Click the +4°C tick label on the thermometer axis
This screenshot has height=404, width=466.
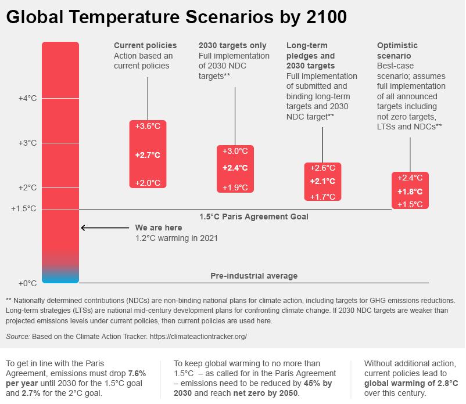point(27,98)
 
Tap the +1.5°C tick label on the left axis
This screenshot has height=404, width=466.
point(24,208)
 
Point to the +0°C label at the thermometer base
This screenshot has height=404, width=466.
point(27,283)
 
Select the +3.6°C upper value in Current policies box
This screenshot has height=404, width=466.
point(148,126)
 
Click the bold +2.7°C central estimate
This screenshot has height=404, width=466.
point(148,155)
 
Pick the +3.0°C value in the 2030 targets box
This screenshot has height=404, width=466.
point(235,151)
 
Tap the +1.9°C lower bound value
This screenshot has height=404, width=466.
point(235,187)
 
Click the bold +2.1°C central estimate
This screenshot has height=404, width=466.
point(322,181)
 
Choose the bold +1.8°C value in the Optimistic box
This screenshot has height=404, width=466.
point(410,192)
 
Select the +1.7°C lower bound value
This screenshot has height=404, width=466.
point(322,197)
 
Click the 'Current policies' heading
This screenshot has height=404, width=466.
point(145,45)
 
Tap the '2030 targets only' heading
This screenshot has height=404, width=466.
point(232,45)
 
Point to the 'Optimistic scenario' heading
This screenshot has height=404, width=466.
point(397,50)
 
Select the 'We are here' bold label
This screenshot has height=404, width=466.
point(159,228)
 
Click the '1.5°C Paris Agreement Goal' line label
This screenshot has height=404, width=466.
point(253,217)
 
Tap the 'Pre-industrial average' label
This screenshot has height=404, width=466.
point(254,276)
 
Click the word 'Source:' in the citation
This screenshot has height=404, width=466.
point(18,336)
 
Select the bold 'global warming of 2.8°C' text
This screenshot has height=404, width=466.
point(411,383)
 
